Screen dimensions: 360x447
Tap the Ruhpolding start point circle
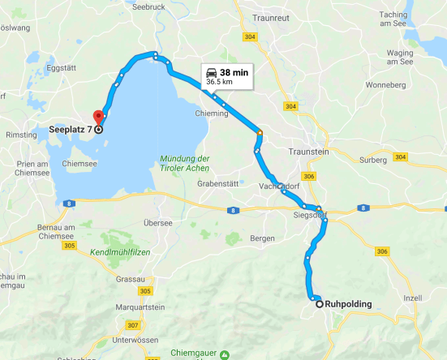[319, 304]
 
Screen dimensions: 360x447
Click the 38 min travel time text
[234, 72]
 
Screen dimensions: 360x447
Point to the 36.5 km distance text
[221, 82]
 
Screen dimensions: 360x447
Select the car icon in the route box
[212, 71]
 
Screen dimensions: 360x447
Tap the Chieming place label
[213, 114]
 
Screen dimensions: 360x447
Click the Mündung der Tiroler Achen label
[185, 163]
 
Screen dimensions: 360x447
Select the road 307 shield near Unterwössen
[133, 324]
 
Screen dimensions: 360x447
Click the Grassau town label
[130, 278]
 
